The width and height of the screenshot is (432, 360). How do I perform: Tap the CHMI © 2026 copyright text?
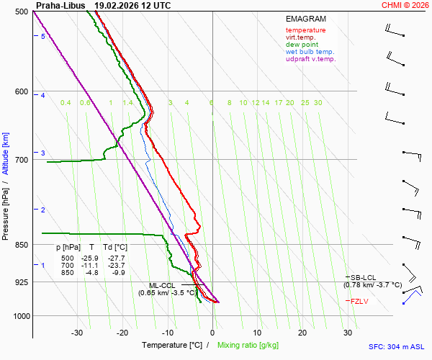tap(405, 5)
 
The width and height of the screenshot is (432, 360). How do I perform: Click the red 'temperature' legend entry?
tap(305, 30)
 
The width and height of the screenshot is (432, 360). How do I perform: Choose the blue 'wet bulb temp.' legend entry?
tap(310, 52)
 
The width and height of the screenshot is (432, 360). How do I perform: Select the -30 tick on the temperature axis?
tap(77, 333)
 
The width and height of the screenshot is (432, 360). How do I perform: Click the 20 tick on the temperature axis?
tap(302, 333)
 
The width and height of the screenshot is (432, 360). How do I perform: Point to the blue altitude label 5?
tap(42, 36)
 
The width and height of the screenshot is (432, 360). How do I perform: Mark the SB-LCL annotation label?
tap(364, 277)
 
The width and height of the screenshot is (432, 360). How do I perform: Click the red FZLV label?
tap(359, 301)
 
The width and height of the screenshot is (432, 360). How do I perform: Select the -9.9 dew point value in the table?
tap(118, 273)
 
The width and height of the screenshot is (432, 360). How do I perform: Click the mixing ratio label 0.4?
tap(66, 103)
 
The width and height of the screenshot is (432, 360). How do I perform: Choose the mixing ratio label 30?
tap(318, 103)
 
